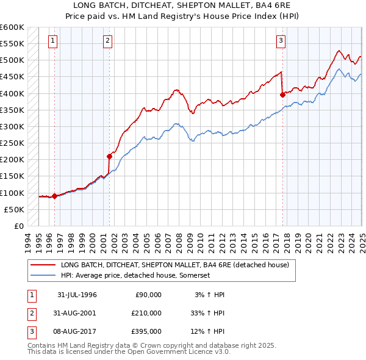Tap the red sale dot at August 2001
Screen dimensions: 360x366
pyautogui.click(x=109, y=156)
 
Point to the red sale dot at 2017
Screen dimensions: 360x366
pyautogui.click(x=282, y=95)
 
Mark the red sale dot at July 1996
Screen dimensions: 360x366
pyautogui.click(x=54, y=196)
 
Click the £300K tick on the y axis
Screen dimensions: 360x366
pyautogui.click(x=12, y=126)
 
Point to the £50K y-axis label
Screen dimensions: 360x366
pyautogui.click(x=15, y=209)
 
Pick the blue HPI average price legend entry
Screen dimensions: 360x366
pyautogui.click(x=135, y=276)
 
